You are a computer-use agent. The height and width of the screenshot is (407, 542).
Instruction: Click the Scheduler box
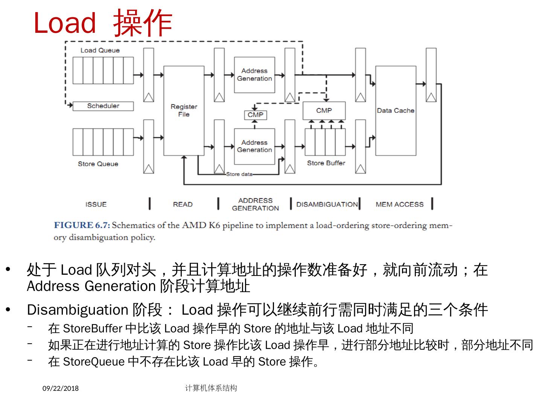point(103,106)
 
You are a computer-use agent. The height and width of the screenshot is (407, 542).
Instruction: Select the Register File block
point(184,110)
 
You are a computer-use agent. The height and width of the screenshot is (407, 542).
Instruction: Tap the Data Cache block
point(396,110)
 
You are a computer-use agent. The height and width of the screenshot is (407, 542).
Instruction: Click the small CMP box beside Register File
point(256,115)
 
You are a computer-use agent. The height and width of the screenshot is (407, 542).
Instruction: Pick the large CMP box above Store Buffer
point(324,110)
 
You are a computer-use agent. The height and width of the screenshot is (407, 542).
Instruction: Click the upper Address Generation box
point(254,75)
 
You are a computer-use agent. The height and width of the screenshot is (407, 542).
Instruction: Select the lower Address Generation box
point(254,146)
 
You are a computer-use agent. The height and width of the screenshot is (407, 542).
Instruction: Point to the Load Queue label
point(100,50)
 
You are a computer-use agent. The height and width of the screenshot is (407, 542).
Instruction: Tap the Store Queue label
point(98,164)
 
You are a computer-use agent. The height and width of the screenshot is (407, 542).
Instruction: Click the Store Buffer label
point(326,163)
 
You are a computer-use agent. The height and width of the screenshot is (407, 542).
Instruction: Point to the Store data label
point(239,174)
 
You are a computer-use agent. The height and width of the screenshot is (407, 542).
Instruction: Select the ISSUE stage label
point(96,204)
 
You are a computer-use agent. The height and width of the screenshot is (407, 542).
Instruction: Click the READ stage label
point(183,204)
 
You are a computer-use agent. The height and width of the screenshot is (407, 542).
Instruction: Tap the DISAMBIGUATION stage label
point(327,204)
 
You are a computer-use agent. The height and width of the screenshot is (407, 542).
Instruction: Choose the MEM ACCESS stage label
point(399,204)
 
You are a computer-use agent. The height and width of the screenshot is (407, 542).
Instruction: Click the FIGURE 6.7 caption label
point(82,225)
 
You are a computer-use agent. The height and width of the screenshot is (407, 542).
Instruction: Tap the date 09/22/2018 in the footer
point(61,388)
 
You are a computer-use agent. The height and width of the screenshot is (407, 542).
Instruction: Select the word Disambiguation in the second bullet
point(78,310)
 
